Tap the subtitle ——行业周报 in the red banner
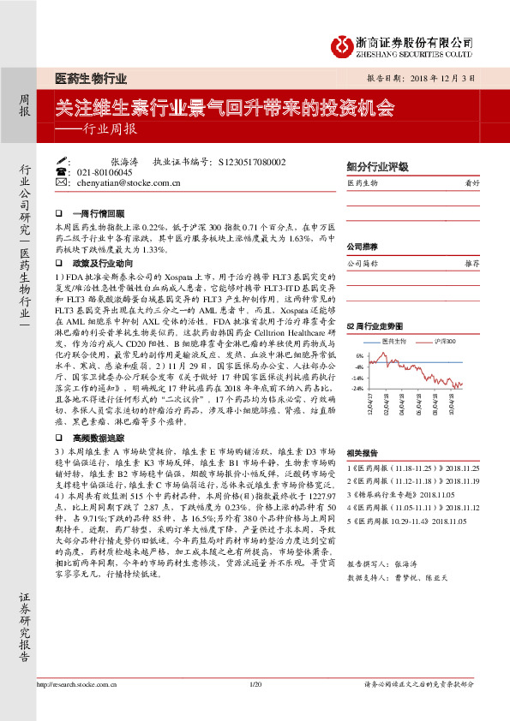95,129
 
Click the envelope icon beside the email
59,183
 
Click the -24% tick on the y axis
357,388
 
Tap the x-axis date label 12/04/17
370,404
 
